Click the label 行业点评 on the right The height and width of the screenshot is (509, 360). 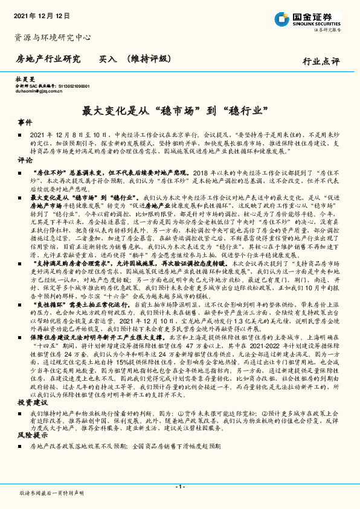pos(321,60)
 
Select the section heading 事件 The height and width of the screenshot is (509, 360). pos(25,122)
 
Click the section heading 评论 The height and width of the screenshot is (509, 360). pos(25,160)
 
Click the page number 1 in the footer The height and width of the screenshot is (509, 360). pos(179,487)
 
